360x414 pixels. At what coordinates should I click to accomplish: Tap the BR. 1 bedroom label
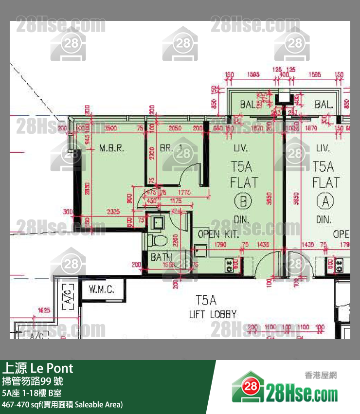click(171, 148)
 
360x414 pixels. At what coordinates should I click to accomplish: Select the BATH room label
click(161, 257)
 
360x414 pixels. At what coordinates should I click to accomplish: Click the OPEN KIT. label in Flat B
click(218, 234)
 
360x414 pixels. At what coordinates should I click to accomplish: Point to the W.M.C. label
click(102, 290)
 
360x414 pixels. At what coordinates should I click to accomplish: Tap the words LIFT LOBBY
click(213, 314)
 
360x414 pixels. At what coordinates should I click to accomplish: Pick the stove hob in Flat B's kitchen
click(228, 266)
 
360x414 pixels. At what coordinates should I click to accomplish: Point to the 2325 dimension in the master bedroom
click(113, 212)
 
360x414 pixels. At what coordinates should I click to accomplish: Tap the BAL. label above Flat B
click(248, 104)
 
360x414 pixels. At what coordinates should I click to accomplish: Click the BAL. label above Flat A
click(324, 104)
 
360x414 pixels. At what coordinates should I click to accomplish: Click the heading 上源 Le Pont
click(37, 368)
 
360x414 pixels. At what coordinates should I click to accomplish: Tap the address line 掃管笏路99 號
click(33, 381)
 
